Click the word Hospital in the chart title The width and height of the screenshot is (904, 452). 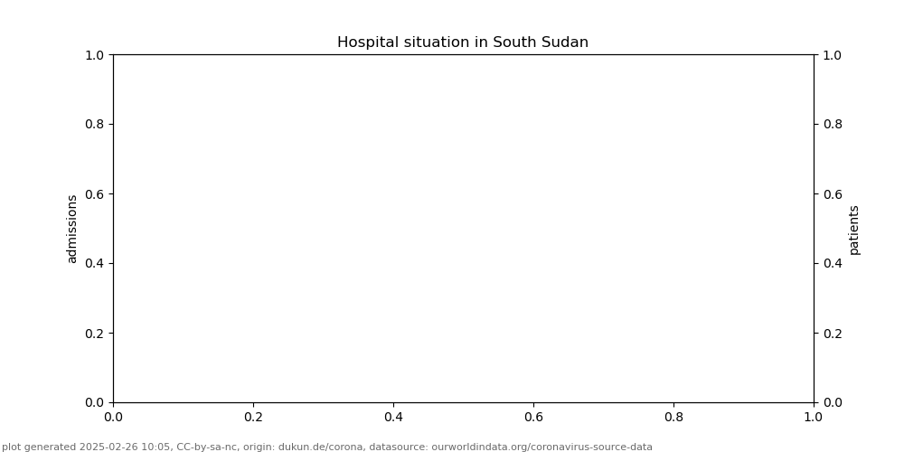(368, 42)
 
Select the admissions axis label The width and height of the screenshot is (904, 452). (72, 229)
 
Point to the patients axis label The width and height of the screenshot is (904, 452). (854, 230)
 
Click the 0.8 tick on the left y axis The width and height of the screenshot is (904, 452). (95, 124)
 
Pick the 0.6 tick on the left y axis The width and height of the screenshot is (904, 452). (95, 193)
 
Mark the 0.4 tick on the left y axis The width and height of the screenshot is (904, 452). (95, 263)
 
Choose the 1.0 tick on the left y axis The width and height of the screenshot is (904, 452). (95, 55)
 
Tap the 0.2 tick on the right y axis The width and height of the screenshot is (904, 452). (832, 333)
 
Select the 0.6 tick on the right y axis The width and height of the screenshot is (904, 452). (832, 193)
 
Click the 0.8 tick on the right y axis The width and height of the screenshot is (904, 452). (832, 124)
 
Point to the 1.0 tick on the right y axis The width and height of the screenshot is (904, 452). (832, 55)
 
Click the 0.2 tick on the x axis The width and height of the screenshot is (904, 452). (253, 417)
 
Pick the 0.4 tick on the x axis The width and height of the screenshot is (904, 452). (393, 417)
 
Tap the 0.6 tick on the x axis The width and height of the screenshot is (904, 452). (533, 417)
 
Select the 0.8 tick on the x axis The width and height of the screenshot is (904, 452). (673, 417)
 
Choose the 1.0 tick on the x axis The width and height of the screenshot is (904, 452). (814, 417)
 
